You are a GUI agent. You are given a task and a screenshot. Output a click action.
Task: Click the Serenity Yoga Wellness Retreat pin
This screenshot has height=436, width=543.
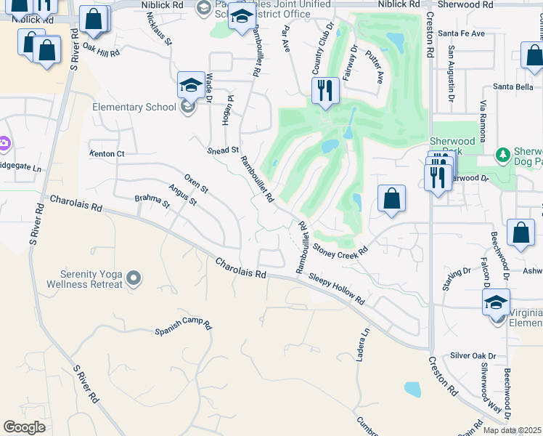(133, 278)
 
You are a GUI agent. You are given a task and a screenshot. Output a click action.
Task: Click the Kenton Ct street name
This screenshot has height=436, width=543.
(107, 154)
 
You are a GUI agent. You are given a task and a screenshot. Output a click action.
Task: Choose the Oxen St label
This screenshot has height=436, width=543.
(196, 184)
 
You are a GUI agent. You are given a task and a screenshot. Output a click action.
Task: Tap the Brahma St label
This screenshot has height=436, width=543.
(152, 201)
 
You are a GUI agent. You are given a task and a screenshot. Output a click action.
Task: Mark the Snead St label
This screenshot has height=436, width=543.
(223, 150)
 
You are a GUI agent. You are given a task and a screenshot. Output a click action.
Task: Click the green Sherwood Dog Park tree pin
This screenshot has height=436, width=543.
(502, 155)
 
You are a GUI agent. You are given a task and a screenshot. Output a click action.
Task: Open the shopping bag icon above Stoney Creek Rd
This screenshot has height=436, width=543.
(391, 198)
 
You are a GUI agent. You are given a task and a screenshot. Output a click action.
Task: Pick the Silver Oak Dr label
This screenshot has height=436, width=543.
(472, 356)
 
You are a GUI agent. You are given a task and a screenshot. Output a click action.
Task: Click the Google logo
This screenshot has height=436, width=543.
(24, 427)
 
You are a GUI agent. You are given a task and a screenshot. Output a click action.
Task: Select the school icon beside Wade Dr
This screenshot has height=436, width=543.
(190, 86)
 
